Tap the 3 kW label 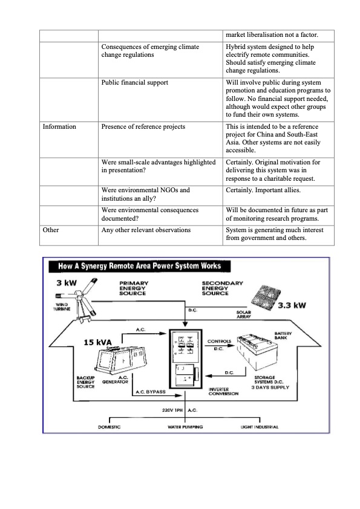[67, 284]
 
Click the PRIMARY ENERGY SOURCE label [133, 288]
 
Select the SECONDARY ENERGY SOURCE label [223, 288]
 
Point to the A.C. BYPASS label [149, 392]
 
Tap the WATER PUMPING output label [185, 427]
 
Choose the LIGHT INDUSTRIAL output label [259, 427]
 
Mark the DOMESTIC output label [109, 427]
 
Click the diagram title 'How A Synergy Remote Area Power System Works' [139, 266]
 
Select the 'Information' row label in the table [59, 127]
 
